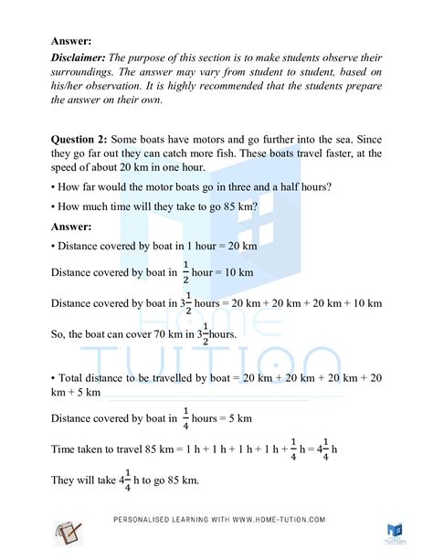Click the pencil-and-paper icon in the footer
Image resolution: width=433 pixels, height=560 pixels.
pyautogui.click(x=69, y=532)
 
